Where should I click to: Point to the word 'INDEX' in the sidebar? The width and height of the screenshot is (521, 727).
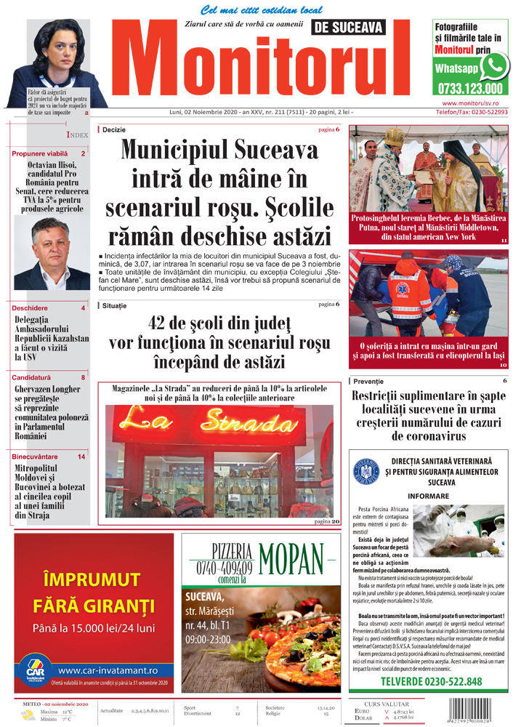pyautogui.click(x=78, y=135)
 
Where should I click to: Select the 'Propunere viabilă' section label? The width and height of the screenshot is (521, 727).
pyautogui.click(x=40, y=154)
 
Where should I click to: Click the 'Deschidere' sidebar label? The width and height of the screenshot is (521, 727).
pyautogui.click(x=31, y=308)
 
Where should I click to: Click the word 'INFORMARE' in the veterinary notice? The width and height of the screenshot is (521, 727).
pyautogui.click(x=433, y=495)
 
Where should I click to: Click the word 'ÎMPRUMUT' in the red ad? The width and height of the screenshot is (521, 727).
pyautogui.click(x=92, y=579)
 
